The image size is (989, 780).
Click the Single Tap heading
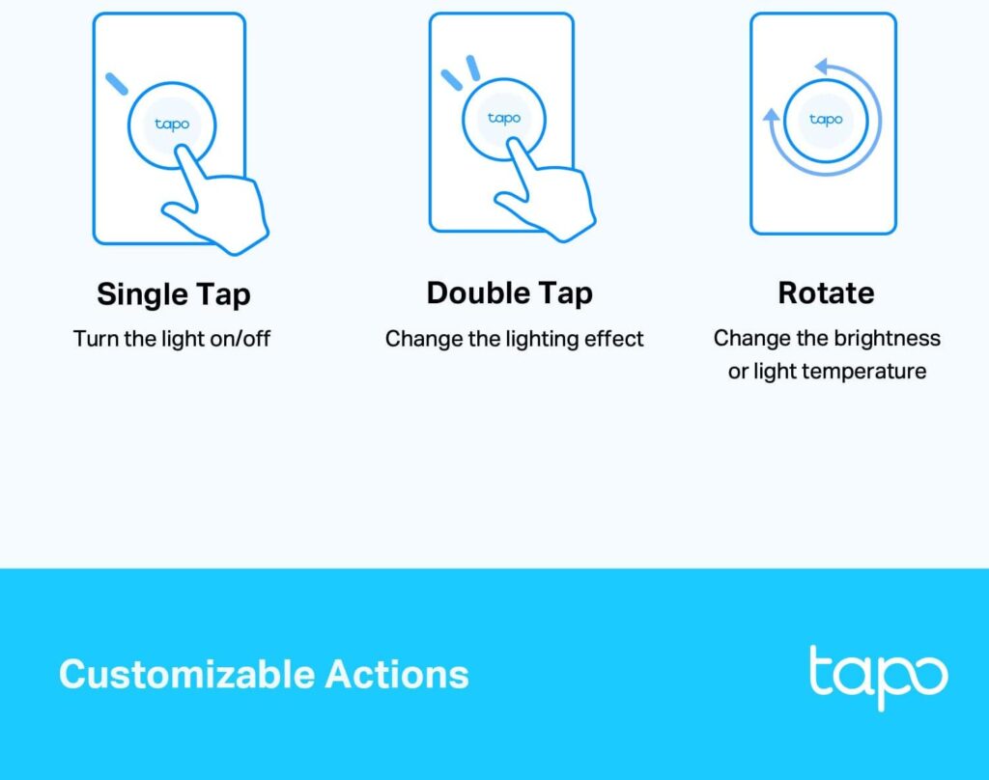173,294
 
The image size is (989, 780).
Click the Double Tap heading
509,293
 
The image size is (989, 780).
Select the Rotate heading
826,293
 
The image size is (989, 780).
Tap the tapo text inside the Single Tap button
172,125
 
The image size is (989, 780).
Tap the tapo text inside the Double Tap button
504,118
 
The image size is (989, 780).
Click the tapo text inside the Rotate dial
826,120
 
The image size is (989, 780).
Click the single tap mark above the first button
117,83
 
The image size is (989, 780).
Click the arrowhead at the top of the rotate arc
823,67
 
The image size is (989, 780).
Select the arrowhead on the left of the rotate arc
772,116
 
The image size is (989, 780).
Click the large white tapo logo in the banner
878,676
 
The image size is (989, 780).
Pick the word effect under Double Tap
616,340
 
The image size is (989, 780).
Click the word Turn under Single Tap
94,340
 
